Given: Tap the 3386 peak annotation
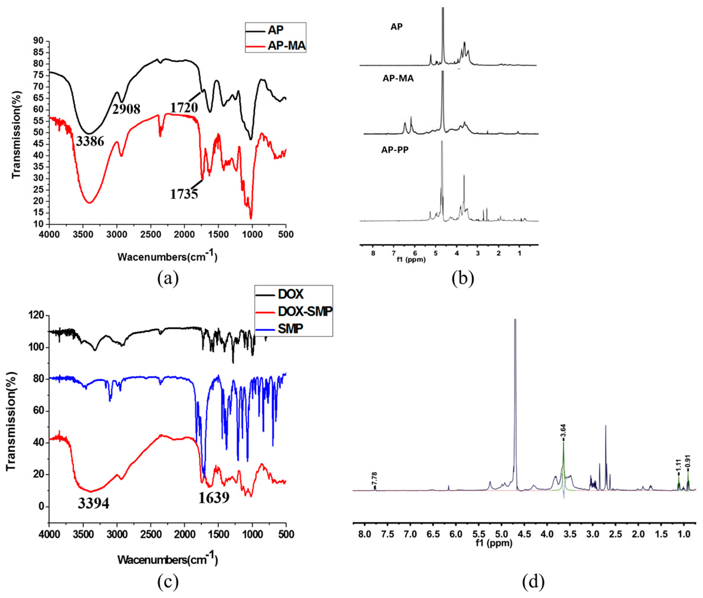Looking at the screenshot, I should (90, 141).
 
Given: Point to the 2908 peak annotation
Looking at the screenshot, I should (126, 109).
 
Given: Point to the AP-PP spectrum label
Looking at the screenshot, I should (395, 150).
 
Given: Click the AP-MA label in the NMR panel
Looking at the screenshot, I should (398, 79).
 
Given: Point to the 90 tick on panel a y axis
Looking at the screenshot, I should (38, 41).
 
